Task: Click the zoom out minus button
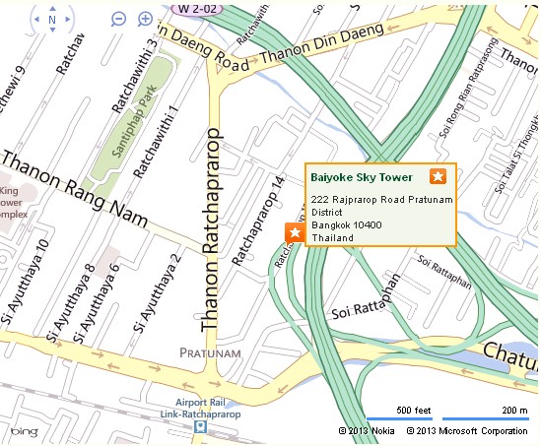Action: tap(119, 19)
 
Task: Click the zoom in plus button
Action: tap(146, 19)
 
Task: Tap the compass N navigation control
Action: tap(51, 19)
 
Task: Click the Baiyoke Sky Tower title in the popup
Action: tap(362, 177)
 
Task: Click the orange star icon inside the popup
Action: tap(439, 176)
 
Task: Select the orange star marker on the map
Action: tap(293, 232)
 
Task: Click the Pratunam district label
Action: tap(208, 351)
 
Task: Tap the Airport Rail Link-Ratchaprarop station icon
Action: tap(200, 427)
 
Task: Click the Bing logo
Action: tap(25, 431)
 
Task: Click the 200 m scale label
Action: tap(513, 410)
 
